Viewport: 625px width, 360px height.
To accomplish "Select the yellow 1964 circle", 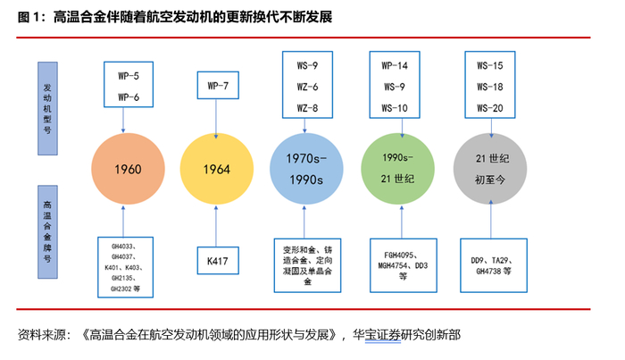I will [x=215, y=168].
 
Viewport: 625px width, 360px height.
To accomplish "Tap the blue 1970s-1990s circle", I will [x=305, y=168].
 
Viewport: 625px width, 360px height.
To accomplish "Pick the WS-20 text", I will [x=490, y=107].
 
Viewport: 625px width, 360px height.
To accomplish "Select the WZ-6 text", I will [x=306, y=88].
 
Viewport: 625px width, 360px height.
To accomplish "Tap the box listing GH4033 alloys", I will [x=129, y=265].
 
